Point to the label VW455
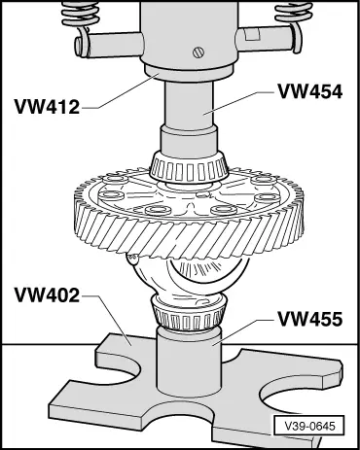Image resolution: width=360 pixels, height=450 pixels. (308, 318)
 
